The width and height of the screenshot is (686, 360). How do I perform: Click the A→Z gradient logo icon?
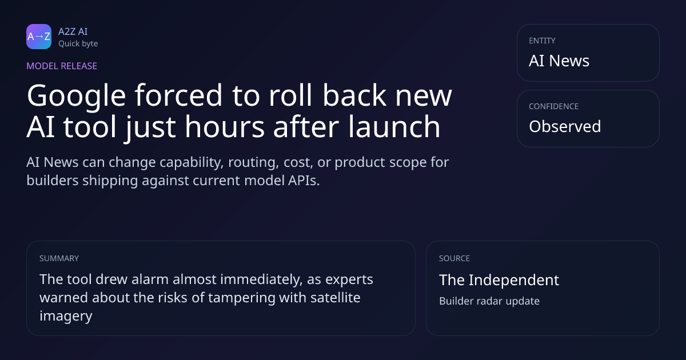(39, 37)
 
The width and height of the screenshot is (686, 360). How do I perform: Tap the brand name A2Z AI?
(73, 31)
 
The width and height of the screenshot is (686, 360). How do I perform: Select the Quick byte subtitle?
(78, 44)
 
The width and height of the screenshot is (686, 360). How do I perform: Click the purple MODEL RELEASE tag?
(62, 66)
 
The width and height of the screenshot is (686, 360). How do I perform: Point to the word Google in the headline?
(76, 97)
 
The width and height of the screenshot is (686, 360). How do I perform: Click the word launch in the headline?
(394, 126)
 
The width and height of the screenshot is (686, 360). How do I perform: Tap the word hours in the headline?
(225, 126)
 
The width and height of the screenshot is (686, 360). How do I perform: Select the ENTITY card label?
(542, 41)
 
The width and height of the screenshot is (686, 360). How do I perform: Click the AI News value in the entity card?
(559, 61)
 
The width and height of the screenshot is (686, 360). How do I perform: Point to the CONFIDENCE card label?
(554, 106)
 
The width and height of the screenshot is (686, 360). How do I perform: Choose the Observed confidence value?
(565, 126)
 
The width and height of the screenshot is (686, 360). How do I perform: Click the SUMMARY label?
(59, 258)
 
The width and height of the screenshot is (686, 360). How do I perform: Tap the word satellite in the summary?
(336, 298)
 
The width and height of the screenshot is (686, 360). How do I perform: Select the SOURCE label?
(454, 258)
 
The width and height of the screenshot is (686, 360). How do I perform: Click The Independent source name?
(499, 280)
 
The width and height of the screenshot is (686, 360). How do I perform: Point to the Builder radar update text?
(489, 301)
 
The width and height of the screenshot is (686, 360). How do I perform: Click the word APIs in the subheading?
(304, 181)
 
